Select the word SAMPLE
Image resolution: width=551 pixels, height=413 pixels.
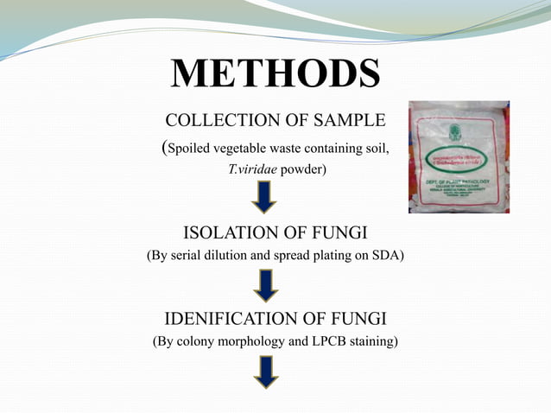pos(347,119)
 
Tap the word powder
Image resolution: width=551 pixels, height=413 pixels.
pos(302,169)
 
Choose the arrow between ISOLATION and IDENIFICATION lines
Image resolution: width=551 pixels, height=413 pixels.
pos(266,284)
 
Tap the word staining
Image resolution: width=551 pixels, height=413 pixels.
pos(372,342)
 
